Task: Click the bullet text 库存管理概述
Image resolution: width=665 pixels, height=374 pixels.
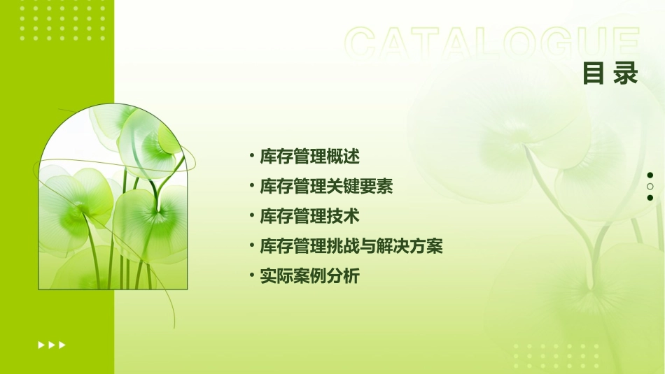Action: click(309, 157)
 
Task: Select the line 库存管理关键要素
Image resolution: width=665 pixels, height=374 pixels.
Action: click(326, 187)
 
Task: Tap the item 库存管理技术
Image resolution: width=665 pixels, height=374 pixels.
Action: click(309, 217)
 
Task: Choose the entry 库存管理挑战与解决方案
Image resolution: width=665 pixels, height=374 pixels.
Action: click(351, 247)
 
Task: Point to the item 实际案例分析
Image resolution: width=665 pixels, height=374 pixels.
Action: click(309, 277)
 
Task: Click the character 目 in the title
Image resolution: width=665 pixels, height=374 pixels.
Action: click(593, 73)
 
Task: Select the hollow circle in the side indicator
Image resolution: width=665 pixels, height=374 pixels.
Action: click(650, 187)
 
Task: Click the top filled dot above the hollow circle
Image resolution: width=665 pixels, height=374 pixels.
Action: click(650, 175)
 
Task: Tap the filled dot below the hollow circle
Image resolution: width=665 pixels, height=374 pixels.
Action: click(650, 198)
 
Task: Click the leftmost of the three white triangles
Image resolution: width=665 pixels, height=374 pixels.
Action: click(41, 345)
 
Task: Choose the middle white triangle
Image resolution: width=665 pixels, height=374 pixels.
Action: click(51, 345)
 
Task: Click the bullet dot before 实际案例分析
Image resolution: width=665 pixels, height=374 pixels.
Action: click(252, 274)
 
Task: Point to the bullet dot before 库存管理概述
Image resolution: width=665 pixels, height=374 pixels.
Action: click(252, 154)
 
